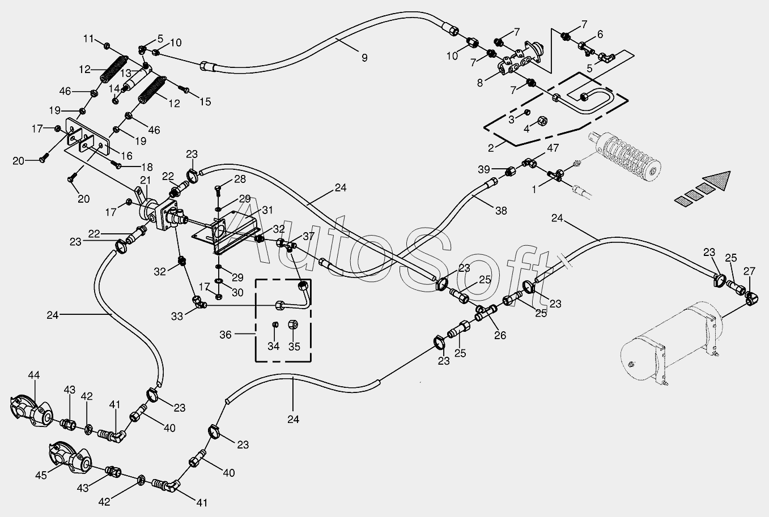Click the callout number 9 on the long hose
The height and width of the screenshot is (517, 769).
tap(364, 57)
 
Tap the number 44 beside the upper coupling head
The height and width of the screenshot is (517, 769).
tap(34, 375)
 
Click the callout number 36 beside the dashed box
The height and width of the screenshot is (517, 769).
tap(226, 335)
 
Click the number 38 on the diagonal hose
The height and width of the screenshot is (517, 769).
tap(501, 211)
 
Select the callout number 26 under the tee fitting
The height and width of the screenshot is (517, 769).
tap(500, 335)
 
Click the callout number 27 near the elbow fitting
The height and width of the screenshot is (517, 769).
tap(750, 271)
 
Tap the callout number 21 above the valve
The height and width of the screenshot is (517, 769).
tap(146, 180)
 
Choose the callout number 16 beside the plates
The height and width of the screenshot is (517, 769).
tap(126, 156)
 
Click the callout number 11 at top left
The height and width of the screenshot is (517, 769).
tap(88, 39)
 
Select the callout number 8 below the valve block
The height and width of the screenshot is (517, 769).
tap(480, 83)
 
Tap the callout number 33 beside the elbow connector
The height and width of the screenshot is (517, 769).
tap(177, 317)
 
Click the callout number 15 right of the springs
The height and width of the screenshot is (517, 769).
tap(205, 102)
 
